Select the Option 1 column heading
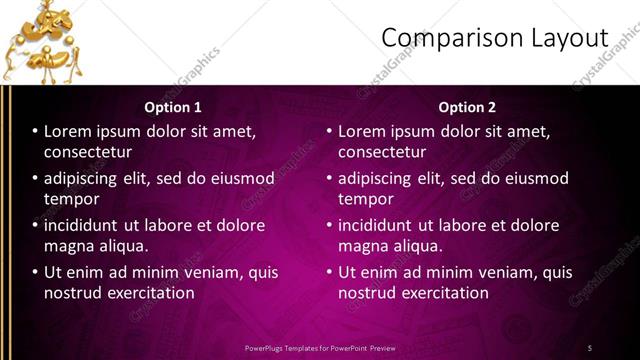coord(173,107)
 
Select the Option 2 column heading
coord(467,107)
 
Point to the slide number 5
coord(590,347)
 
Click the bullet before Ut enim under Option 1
coord(35,272)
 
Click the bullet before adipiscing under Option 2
coord(329,178)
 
